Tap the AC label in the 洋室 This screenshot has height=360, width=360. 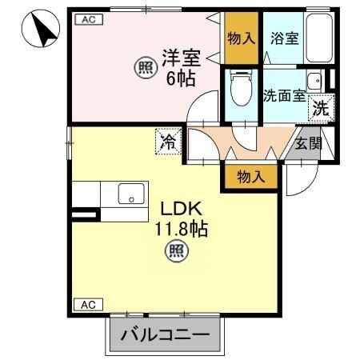[89, 22]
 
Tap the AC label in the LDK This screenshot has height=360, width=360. [89, 304]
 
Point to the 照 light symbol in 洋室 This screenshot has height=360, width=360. [145, 69]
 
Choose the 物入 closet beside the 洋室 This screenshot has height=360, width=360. [241, 38]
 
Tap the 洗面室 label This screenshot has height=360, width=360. [283, 95]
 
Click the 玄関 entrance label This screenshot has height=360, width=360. [307, 145]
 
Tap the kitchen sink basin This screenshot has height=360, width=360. [131, 194]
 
